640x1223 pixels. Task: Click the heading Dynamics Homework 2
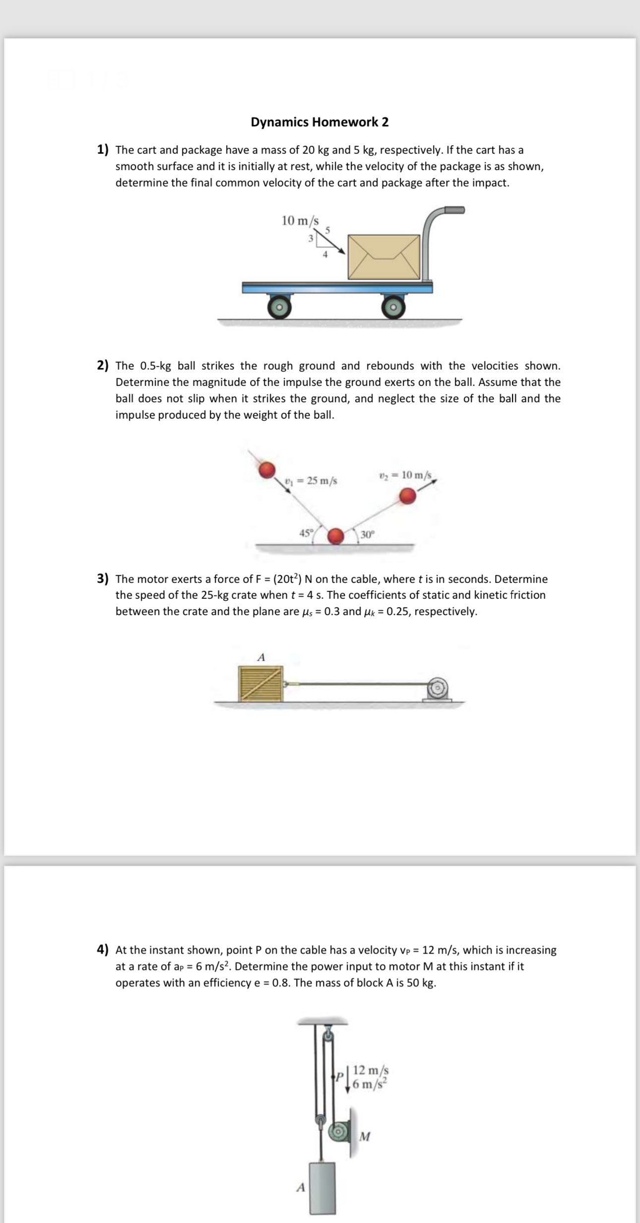320,122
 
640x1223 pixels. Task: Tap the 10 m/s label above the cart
300,220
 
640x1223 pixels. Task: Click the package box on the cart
384,257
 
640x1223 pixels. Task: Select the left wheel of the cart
279,307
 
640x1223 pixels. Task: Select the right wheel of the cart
393,307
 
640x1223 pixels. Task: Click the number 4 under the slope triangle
325,255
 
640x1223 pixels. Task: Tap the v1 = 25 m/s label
312,480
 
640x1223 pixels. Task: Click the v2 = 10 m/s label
405,475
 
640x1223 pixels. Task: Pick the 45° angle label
306,533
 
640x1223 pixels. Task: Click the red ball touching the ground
336,536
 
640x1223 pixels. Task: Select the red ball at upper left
267,469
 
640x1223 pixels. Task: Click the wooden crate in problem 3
260,683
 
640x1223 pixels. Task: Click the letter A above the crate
261,657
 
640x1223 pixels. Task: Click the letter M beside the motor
365,1136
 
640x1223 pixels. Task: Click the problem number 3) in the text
103,579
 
